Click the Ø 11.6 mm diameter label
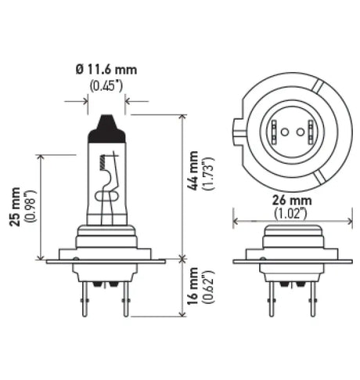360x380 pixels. point(107,70)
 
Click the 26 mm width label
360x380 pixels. point(279,199)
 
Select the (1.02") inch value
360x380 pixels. point(279,212)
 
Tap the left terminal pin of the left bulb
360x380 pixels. point(93,302)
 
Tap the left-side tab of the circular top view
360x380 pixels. point(237,129)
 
